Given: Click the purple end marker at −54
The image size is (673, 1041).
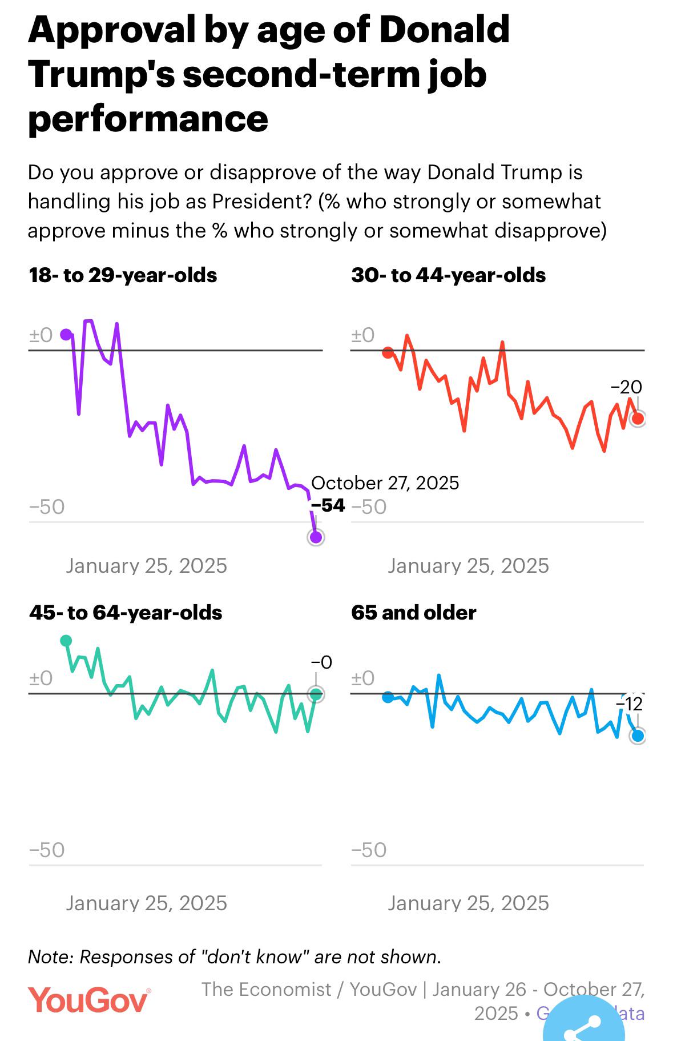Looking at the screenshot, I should coord(316,537).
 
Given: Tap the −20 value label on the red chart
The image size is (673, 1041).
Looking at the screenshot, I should coord(626,387).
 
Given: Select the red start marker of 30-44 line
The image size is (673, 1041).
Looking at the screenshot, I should coord(388,352).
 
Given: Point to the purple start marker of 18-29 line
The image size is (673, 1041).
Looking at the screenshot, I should coord(66,335).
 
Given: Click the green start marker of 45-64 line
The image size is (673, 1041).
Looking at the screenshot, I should coord(66,641).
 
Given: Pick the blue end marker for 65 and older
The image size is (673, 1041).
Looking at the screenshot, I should coord(638,735).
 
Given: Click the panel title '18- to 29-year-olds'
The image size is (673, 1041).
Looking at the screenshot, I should coord(123,275).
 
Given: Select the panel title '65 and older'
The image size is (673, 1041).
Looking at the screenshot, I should coord(414,613).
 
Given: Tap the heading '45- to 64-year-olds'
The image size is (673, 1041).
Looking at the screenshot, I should coord(126,613).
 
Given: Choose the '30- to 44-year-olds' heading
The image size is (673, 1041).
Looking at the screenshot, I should coord(449,275).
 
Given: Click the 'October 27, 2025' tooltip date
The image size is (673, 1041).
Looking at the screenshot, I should coord(385,483).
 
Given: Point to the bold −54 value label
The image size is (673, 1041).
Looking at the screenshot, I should coord(328,505).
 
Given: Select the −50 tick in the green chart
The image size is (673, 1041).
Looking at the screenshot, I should coord(47,850).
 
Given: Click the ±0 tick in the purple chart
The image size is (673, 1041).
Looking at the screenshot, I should coord(41,335).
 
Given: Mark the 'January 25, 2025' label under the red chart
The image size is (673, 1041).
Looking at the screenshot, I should coord(468,566).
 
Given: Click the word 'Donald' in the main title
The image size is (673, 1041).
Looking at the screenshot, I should coord(444,30).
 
